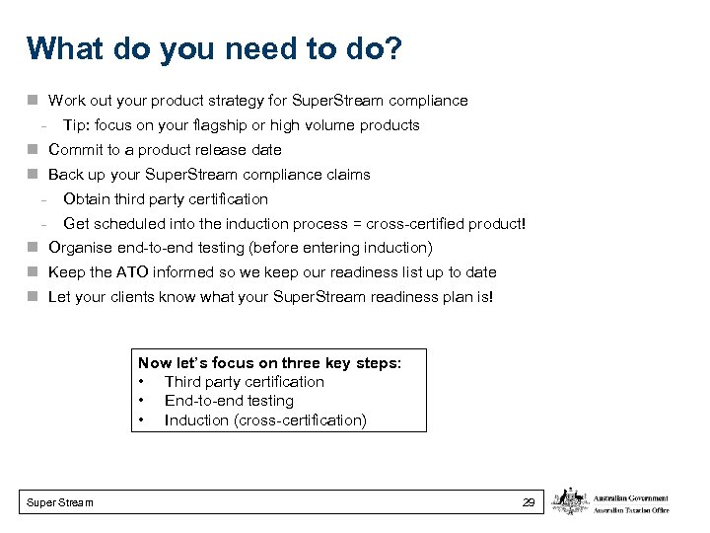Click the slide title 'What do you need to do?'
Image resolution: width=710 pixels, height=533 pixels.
coord(214,49)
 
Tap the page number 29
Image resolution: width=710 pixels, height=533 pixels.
coord(529,502)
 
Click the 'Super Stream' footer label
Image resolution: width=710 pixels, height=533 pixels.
coord(61,502)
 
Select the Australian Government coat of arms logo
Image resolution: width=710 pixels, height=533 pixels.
coord(569,501)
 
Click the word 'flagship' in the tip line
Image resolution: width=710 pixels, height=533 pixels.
coord(225,125)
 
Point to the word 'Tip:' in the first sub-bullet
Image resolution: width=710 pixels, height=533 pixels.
coord(78,125)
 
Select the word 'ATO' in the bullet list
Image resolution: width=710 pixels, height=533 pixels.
coord(129,272)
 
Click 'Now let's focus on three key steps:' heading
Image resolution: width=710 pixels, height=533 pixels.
coord(269,363)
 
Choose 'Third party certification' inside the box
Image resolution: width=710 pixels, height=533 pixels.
coord(244,382)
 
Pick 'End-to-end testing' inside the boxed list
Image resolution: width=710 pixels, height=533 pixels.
coord(229,401)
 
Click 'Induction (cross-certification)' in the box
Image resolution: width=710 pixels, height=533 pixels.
coord(265,420)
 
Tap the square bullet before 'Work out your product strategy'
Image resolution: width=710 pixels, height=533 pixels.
coord(33,101)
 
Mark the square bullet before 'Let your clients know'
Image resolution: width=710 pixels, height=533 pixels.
coord(33,296)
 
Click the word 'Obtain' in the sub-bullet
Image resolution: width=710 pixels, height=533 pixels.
coord(86,199)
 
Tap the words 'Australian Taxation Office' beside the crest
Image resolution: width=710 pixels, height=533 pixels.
coord(630,509)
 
